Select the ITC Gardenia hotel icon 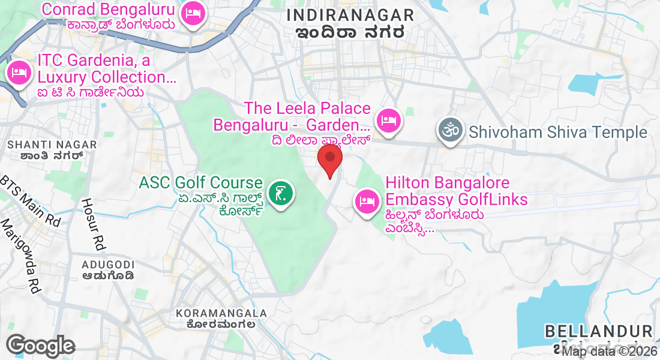[19, 73]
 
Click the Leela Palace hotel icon [389, 119]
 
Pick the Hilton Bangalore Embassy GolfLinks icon [366, 200]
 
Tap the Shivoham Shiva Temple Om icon [450, 131]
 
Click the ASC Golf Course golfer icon [280, 193]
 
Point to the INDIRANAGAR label [350, 15]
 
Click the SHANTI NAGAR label [51, 145]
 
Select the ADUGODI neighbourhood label [109, 265]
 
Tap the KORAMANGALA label [222, 313]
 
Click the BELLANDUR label [599, 331]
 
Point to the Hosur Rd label [92, 223]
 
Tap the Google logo [41, 346]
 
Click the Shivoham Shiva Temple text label [559, 132]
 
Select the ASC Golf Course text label [201, 182]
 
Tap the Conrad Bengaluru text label [109, 10]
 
